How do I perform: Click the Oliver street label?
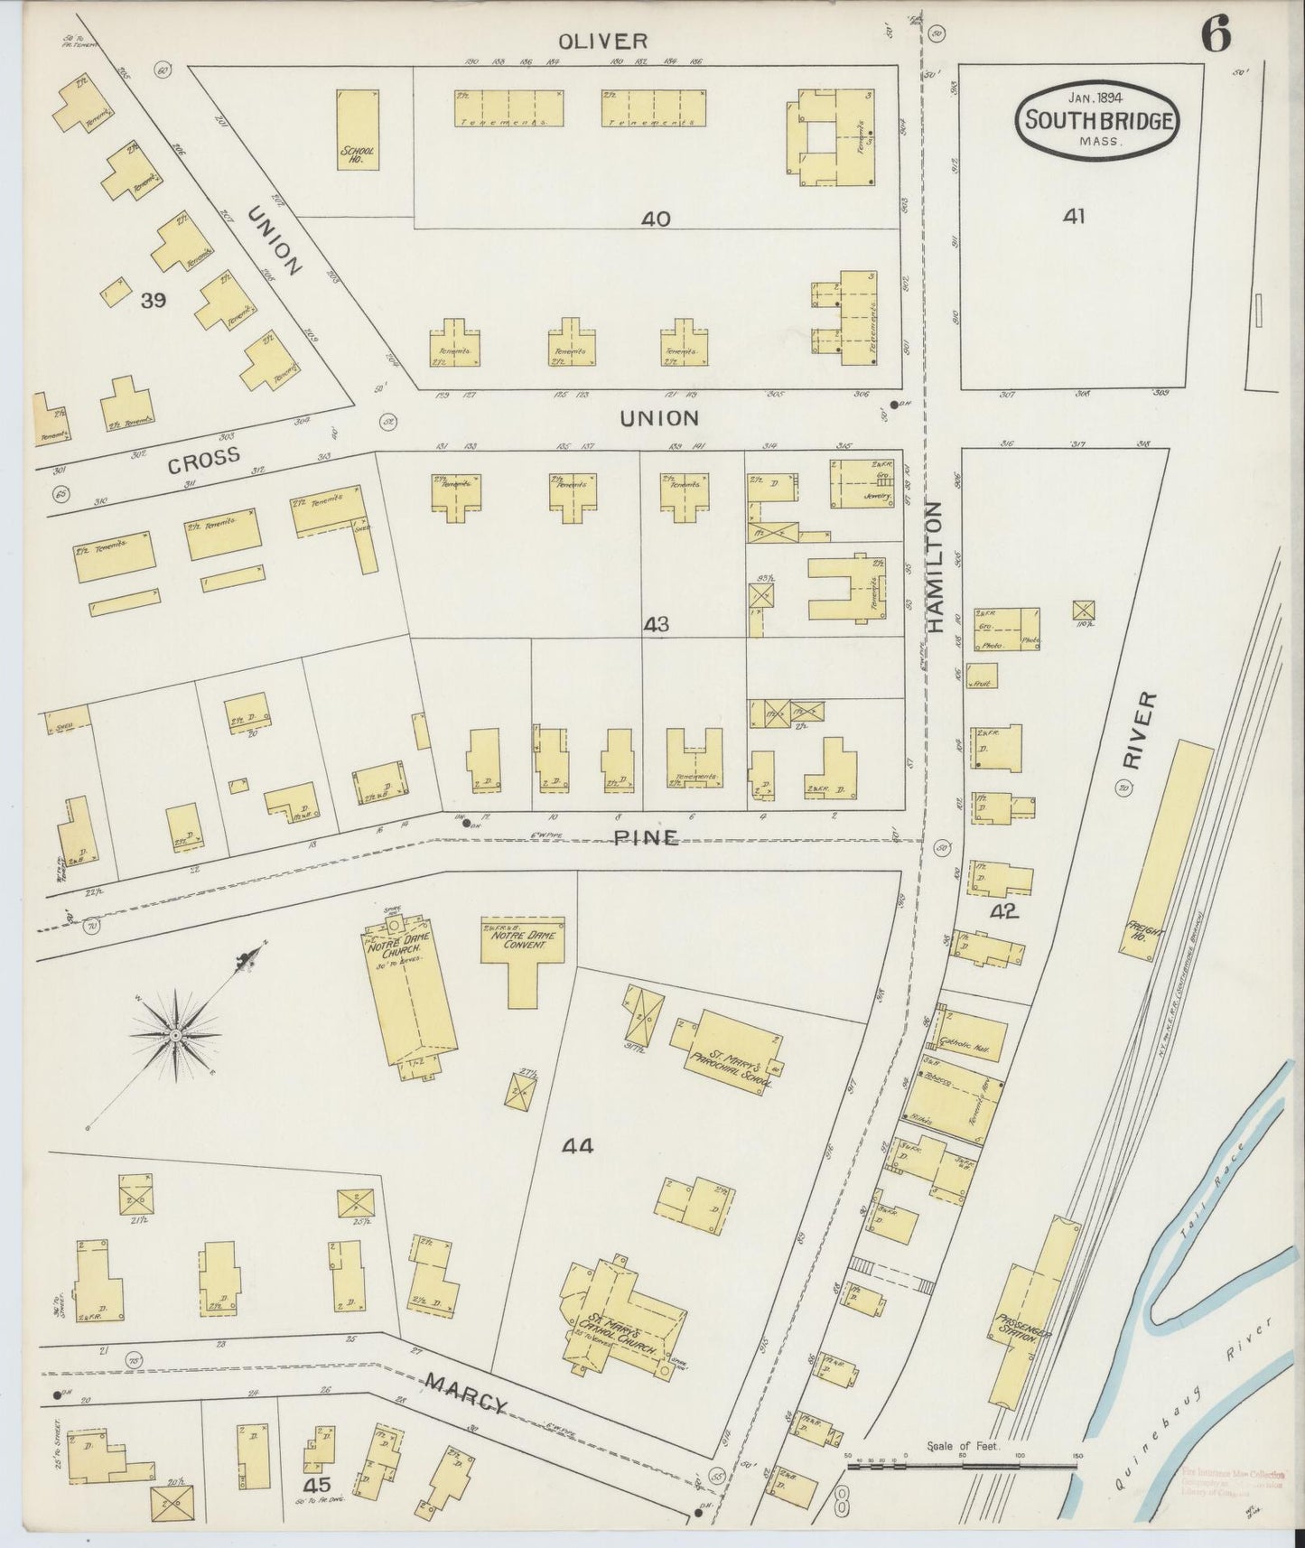[x=590, y=41]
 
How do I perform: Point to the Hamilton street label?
[x=935, y=566]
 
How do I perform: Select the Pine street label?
[x=646, y=837]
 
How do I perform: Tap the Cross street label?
[x=204, y=457]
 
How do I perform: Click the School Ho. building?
[x=357, y=129]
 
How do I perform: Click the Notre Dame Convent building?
[x=522, y=948]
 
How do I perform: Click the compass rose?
[x=174, y=1034]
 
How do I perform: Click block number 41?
[x=1074, y=216]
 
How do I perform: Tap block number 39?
[x=153, y=301]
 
